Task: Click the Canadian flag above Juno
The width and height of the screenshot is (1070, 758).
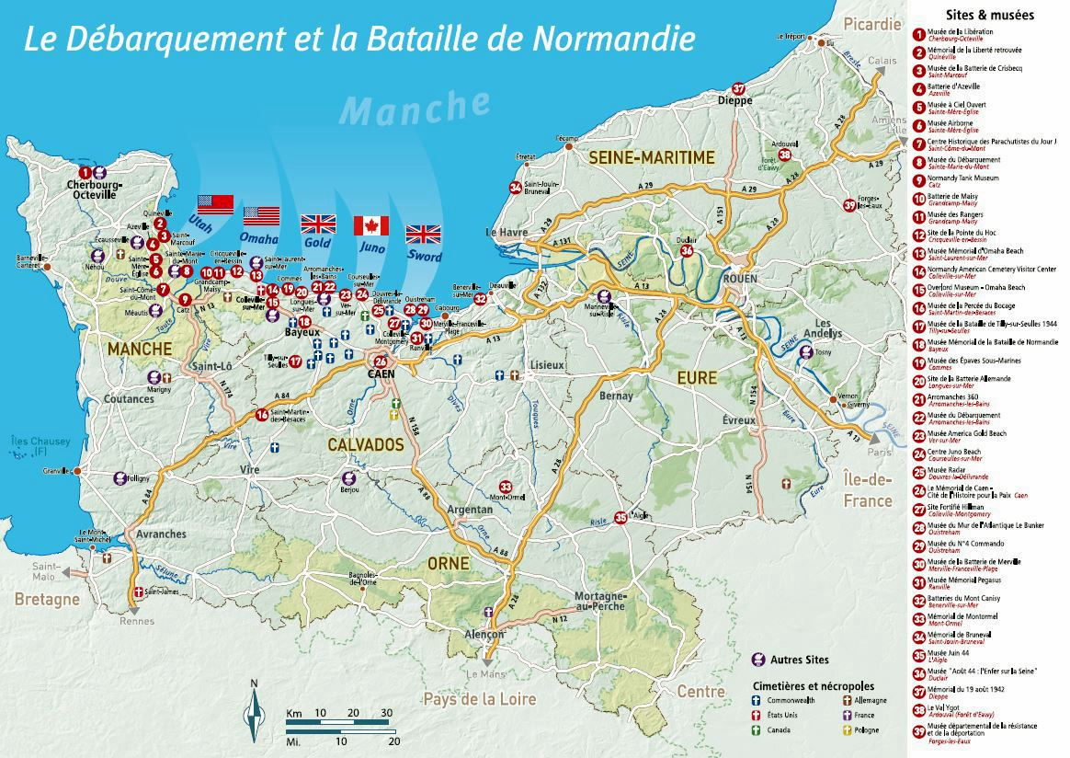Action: (x=371, y=226)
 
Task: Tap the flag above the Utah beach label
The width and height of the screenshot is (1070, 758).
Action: (x=217, y=204)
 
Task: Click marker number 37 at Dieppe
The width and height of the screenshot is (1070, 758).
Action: (x=738, y=88)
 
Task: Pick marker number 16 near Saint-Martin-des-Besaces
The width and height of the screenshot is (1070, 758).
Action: (x=263, y=415)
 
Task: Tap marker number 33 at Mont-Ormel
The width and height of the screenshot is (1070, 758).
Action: (x=505, y=487)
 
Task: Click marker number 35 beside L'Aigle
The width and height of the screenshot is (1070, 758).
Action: (x=620, y=517)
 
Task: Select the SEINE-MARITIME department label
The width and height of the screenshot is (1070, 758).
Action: (x=651, y=157)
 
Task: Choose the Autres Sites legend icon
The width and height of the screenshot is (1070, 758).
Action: (x=759, y=660)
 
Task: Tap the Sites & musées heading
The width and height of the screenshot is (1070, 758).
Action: (x=989, y=15)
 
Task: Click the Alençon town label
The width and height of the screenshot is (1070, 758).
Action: (x=484, y=636)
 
